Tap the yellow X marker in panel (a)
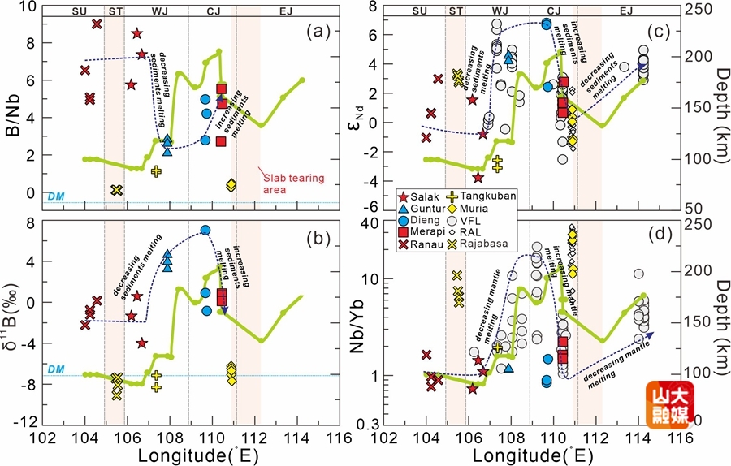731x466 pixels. (x=116, y=190)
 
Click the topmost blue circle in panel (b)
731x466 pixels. (x=205, y=231)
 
